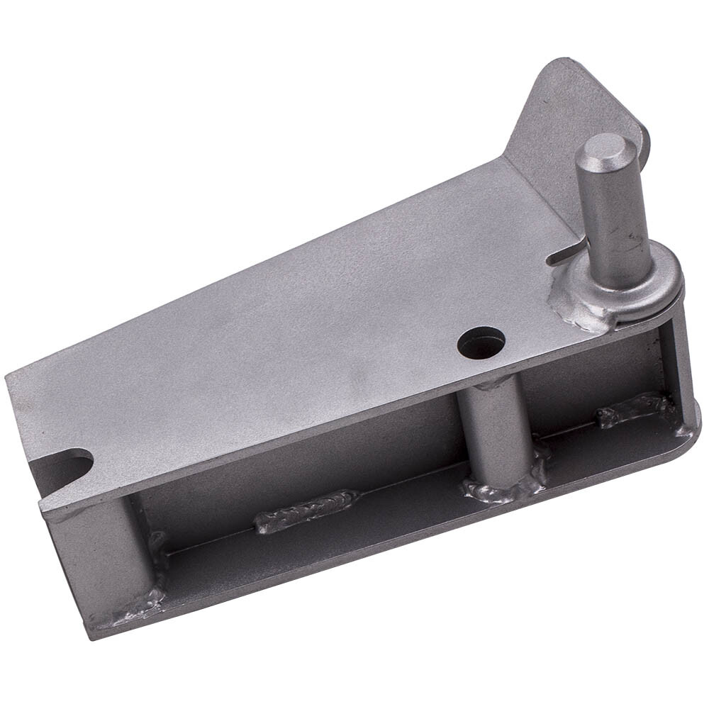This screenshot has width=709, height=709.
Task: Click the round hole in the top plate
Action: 481,343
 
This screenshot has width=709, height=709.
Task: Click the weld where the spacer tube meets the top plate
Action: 489,386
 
